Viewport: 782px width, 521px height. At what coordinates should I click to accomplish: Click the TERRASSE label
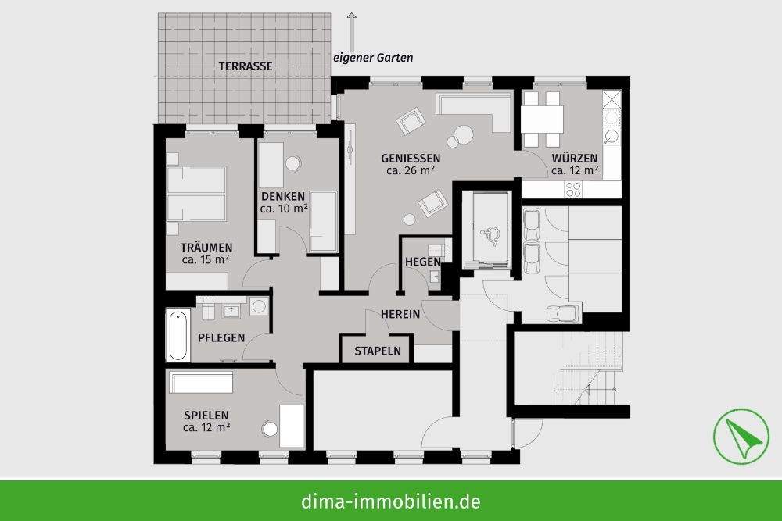point(246,66)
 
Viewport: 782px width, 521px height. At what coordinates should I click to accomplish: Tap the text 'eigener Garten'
point(373,58)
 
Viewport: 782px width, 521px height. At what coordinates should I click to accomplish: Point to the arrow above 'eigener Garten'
point(351,30)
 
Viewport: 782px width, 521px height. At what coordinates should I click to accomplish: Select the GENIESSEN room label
point(411,158)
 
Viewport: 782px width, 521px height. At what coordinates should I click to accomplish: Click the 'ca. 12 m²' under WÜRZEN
point(575,170)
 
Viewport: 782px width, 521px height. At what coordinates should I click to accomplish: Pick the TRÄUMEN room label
point(207,248)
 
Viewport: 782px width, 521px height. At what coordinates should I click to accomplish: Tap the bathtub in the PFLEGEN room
point(178,335)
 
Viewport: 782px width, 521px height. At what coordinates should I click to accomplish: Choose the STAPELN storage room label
point(378,351)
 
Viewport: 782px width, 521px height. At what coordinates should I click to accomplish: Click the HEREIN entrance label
point(400,314)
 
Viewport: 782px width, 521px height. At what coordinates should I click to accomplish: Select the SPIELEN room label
point(206,416)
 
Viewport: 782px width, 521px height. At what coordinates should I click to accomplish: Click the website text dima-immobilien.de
point(390,501)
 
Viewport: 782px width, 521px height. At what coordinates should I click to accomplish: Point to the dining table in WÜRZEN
point(543,120)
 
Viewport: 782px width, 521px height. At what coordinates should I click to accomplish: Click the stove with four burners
point(573,188)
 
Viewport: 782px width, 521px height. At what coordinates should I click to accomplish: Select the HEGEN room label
point(423,262)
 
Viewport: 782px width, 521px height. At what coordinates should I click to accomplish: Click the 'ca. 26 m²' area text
point(411,170)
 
